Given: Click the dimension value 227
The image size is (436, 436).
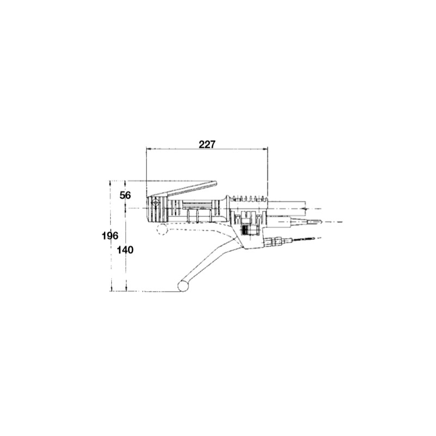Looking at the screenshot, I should click(x=207, y=144).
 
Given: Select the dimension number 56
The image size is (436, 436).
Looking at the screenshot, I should click(x=126, y=195).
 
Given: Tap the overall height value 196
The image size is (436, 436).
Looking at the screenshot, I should click(x=111, y=235).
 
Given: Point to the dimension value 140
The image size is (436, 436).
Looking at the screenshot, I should click(x=126, y=250).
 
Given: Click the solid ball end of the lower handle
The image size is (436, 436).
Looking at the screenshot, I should click(x=184, y=286).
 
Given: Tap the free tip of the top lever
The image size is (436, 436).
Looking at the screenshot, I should click(x=216, y=184).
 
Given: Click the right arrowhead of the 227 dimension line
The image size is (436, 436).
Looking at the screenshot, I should click(x=267, y=149).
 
